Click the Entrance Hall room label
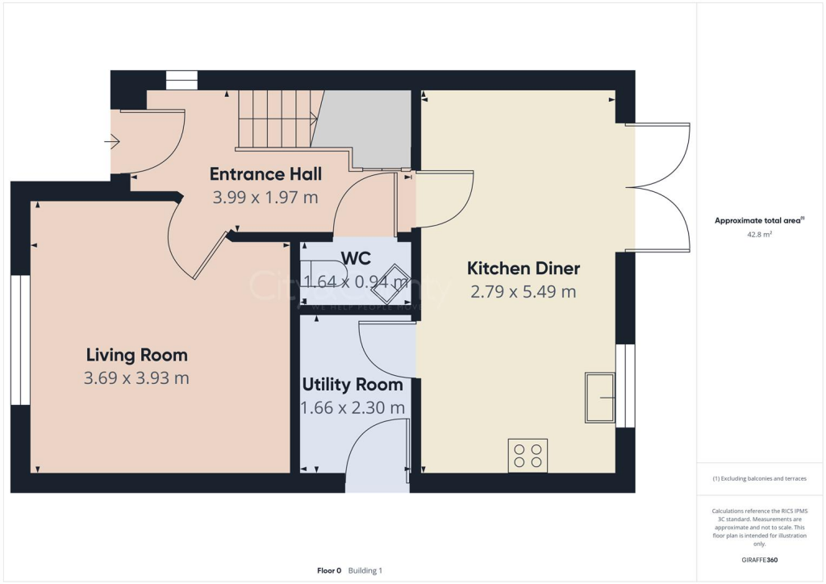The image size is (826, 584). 265,174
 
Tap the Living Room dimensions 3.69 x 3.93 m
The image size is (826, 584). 136,378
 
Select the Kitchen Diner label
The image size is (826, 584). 524,269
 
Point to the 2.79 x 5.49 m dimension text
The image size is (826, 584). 524,292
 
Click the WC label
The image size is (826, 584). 356,258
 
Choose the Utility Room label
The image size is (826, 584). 352,385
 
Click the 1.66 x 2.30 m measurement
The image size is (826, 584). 353,408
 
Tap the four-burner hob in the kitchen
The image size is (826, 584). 528,456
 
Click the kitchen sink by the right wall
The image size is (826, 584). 599,398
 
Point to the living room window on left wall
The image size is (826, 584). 20,340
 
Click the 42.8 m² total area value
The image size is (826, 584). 758,235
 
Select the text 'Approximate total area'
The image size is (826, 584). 757,220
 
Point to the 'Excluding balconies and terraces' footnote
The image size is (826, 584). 759,478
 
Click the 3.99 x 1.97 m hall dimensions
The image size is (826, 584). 265,197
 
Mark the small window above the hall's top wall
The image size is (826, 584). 181,80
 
